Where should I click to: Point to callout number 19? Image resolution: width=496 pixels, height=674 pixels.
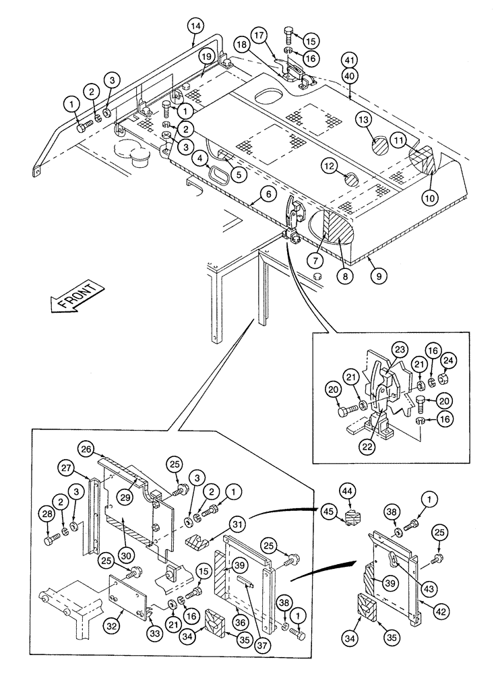coord(206,57)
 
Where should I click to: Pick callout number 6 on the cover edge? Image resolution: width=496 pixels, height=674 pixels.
coord(268,194)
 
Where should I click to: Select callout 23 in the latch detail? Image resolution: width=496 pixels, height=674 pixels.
coord(400,350)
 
